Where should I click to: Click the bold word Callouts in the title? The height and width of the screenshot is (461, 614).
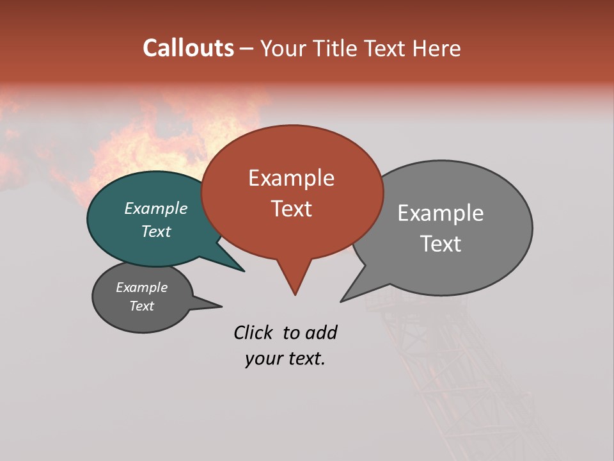[x=188, y=48]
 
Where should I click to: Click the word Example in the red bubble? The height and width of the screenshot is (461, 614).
[x=291, y=178]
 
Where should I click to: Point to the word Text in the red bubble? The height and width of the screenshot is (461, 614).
[x=291, y=209]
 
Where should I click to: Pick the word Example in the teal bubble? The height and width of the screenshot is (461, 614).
[x=155, y=208]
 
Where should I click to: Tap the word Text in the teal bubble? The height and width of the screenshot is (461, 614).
[x=155, y=231]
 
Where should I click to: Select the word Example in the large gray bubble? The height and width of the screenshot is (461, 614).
[x=440, y=213]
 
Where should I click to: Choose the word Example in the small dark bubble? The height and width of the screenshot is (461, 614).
[x=141, y=287]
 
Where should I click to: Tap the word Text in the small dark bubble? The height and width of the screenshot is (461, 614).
[x=141, y=306]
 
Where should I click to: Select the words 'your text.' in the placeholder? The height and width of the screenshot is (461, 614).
[x=285, y=359]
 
